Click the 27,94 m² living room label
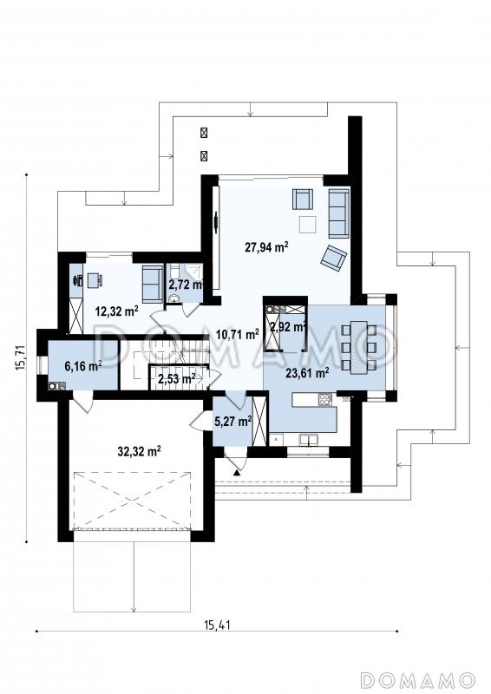click(266, 246)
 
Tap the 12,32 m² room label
click(117, 311)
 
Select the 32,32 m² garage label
click(139, 451)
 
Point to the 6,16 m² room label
click(83, 366)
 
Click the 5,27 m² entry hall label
click(232, 421)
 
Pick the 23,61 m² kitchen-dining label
click(307, 373)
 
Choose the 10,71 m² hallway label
click(238, 335)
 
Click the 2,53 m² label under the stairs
click(177, 379)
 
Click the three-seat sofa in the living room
click(338, 213)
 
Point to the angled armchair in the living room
click(333, 257)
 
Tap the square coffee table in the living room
click(307, 224)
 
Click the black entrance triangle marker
click(237, 473)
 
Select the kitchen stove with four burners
click(324, 400)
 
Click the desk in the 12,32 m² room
click(95, 280)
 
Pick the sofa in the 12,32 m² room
click(152, 284)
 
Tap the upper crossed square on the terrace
click(204, 133)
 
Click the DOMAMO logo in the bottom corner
click(418, 679)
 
